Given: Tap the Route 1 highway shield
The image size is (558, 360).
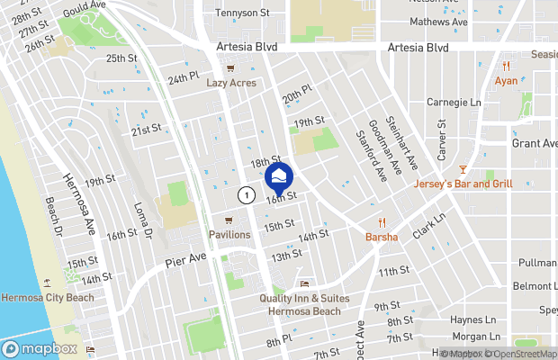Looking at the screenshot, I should pyautogui.click(x=245, y=194).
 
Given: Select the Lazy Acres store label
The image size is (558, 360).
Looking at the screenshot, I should pyautogui.click(x=231, y=83).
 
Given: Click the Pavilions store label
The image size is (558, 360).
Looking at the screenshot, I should pyautogui.click(x=229, y=234).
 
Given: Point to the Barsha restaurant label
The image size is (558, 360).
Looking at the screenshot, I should pyautogui.click(x=382, y=238).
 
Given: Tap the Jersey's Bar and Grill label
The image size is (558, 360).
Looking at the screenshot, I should pyautogui.click(x=463, y=184).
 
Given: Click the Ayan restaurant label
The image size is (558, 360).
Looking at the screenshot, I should pyautogui.click(x=506, y=81).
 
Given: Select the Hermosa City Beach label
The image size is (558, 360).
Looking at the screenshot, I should pyautogui.click(x=47, y=297).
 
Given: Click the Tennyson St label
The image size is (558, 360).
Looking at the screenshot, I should pyautogui.click(x=244, y=13).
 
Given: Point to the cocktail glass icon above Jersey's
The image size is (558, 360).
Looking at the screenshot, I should pyautogui.click(x=463, y=169).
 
